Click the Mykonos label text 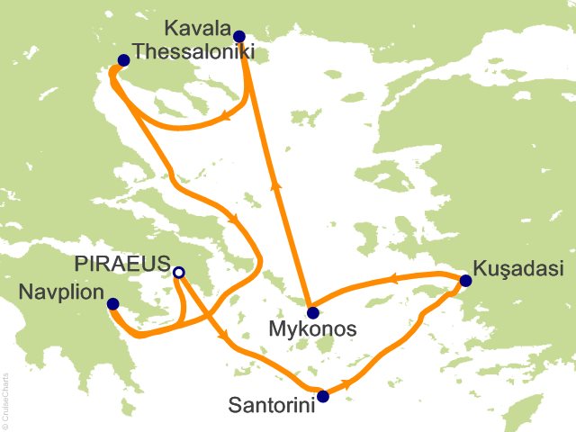[312, 330]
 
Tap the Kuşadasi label [511, 269]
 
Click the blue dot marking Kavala [238, 37]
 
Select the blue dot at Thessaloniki [123, 60]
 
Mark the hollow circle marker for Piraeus [178, 272]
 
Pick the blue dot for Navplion [112, 303]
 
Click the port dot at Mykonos [312, 313]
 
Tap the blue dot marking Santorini [323, 394]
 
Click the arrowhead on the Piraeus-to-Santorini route [220, 337]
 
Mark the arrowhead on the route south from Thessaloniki [235, 221]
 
